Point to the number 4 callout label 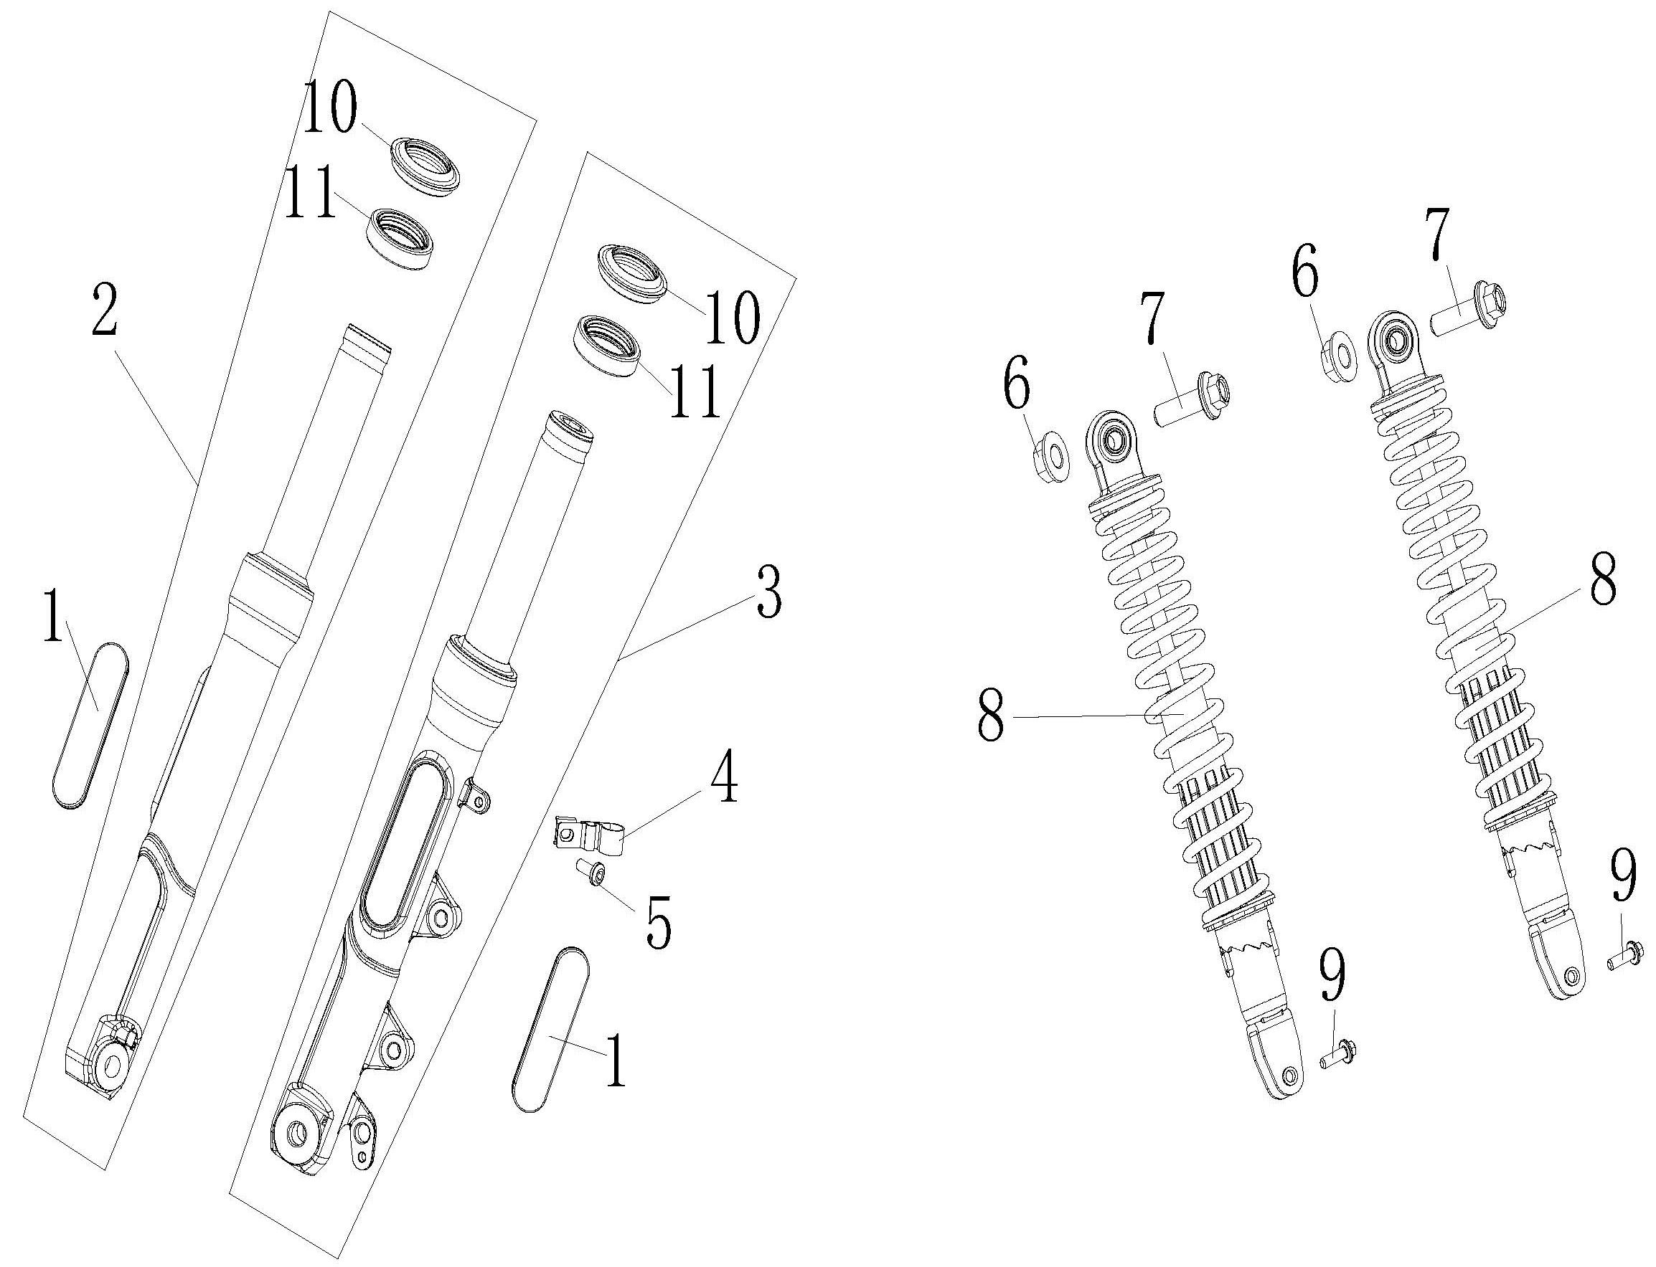click(x=723, y=777)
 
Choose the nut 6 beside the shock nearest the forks click(x=1050, y=457)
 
